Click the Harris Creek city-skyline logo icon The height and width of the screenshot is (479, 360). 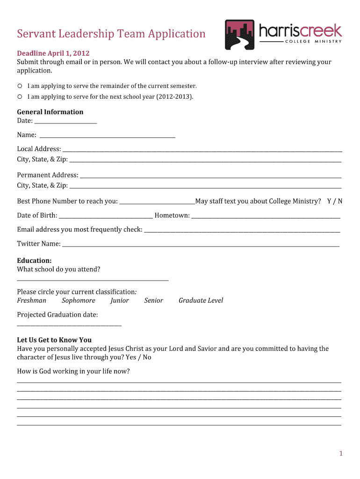click(239, 35)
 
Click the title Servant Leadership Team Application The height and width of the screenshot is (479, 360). click(111, 34)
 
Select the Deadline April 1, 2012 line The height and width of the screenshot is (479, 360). click(53, 53)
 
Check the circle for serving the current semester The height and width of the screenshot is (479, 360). click(20, 86)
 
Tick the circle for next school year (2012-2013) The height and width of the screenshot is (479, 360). click(20, 97)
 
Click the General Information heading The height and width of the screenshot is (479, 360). click(50, 112)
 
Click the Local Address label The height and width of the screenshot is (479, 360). click(39, 149)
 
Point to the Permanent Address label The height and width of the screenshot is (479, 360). click(47, 175)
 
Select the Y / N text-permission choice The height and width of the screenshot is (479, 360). click(335, 201)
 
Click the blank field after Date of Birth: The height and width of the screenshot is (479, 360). click(106, 216)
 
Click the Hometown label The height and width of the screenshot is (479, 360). click(172, 215)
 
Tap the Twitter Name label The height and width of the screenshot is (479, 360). click(39, 244)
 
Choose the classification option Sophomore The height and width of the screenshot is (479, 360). click(79, 300)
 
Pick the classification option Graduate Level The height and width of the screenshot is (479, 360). click(201, 300)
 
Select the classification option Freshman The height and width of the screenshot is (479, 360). click(32, 300)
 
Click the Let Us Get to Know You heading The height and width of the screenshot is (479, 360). click(54, 340)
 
